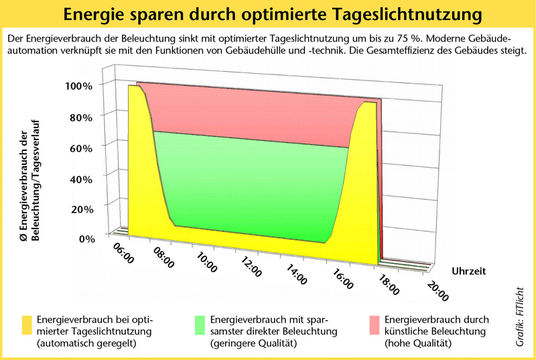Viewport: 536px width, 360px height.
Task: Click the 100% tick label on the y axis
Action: (x=78, y=86)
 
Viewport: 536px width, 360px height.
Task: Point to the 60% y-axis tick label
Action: (x=81, y=148)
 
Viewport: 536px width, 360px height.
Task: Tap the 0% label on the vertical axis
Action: (x=87, y=239)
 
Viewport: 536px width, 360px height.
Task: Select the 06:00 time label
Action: (x=123, y=253)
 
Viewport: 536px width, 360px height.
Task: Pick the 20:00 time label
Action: (x=438, y=291)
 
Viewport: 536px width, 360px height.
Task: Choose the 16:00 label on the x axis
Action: (x=343, y=280)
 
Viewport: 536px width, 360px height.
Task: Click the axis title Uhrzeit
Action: (x=468, y=271)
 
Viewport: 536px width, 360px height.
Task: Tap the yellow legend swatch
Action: (x=27, y=325)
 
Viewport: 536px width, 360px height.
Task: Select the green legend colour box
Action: (x=200, y=325)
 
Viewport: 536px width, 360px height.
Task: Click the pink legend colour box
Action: (x=375, y=325)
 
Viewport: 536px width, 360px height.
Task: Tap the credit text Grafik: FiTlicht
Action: (x=520, y=316)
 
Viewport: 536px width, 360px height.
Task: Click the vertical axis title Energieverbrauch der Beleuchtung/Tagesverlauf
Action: (x=30, y=180)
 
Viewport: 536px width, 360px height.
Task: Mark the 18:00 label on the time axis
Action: (x=389, y=285)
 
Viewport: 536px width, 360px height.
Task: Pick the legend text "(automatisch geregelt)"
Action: (x=86, y=343)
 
